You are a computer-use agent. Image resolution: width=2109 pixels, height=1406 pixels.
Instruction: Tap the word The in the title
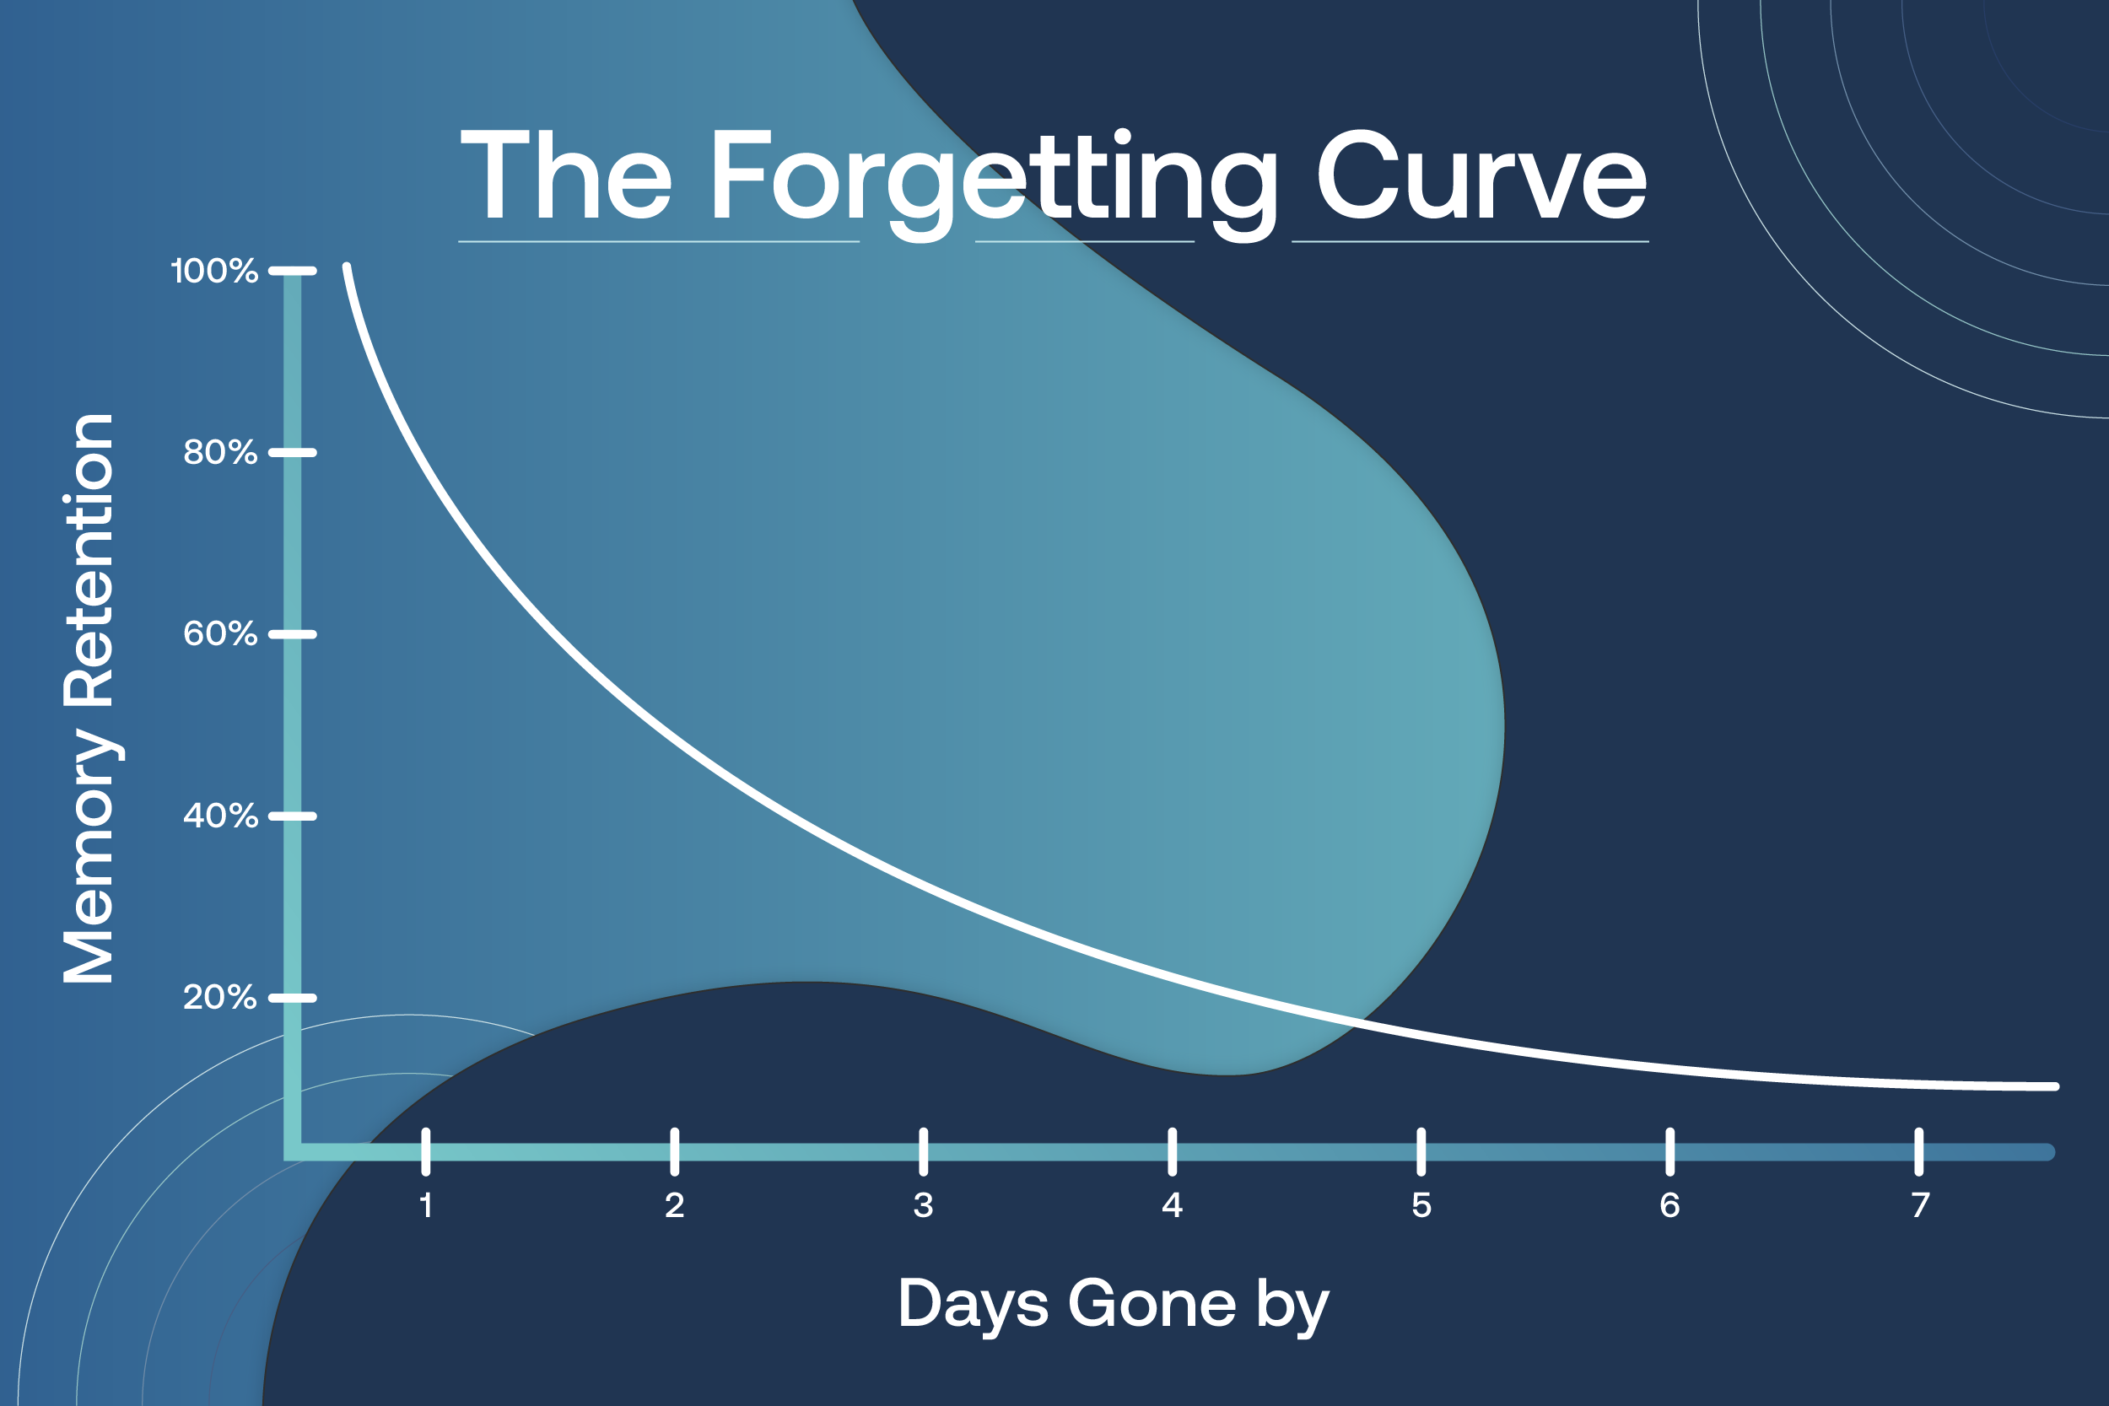tap(566, 174)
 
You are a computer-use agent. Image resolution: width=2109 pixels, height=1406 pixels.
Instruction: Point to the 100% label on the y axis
tap(214, 271)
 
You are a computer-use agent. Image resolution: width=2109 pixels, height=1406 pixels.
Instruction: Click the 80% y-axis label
tap(219, 452)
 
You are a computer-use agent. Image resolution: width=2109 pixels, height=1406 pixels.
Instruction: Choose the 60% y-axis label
tap(219, 634)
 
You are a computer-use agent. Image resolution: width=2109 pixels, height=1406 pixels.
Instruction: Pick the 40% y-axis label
tap(219, 816)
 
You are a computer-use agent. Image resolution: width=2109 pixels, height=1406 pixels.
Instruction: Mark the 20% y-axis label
tap(219, 997)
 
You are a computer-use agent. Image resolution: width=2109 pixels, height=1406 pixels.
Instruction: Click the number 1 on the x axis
tap(426, 1205)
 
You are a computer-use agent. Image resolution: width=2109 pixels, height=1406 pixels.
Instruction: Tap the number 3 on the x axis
tap(924, 1205)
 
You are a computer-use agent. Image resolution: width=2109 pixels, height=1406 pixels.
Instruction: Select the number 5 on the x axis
tap(1421, 1205)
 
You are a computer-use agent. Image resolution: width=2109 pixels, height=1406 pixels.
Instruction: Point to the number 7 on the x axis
tap(1919, 1205)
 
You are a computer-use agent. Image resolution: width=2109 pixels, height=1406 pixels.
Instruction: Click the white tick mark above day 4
tap(1172, 1151)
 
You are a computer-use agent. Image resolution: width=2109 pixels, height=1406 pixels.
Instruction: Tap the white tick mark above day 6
tap(1669, 1151)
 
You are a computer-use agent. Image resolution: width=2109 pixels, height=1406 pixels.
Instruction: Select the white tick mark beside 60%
tap(293, 634)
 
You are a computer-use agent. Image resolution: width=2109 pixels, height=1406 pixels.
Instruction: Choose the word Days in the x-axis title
tap(973, 1305)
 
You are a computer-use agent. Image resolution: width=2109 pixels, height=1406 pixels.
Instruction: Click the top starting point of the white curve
tap(347, 267)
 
